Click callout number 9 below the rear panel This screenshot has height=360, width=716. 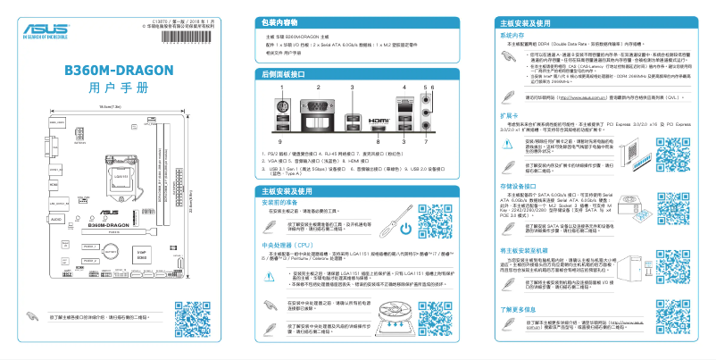[x=279, y=142]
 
